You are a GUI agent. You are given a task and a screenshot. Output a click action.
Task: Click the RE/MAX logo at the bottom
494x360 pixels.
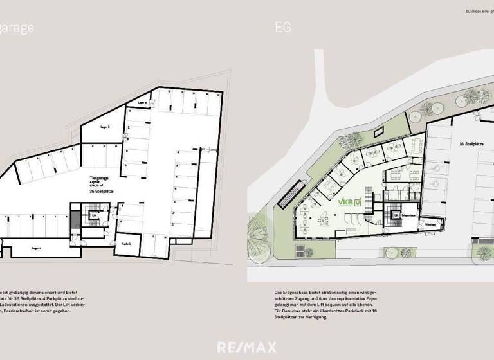pyautogui.click(x=247, y=348)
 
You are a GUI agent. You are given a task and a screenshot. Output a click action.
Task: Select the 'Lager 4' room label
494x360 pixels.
pyautogui.click(x=143, y=103)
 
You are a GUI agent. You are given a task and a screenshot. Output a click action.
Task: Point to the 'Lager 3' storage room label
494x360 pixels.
pyautogui.click(x=105, y=127)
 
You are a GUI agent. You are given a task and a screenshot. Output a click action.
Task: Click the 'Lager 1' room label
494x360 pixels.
pyautogui.click(x=35, y=247)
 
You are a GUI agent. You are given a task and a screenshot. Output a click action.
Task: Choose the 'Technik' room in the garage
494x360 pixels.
pyautogui.click(x=127, y=244)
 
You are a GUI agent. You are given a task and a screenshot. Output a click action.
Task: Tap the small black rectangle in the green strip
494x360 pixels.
pyautogui.click(x=380, y=129)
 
